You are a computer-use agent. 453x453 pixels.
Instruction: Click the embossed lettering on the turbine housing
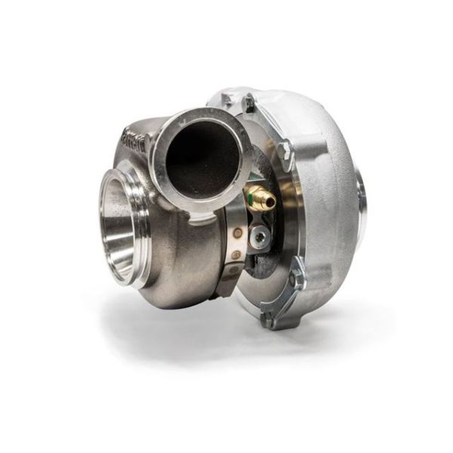pyautogui.click(x=134, y=137)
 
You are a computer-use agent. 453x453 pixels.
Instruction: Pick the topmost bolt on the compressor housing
pyautogui.click(x=248, y=101)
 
